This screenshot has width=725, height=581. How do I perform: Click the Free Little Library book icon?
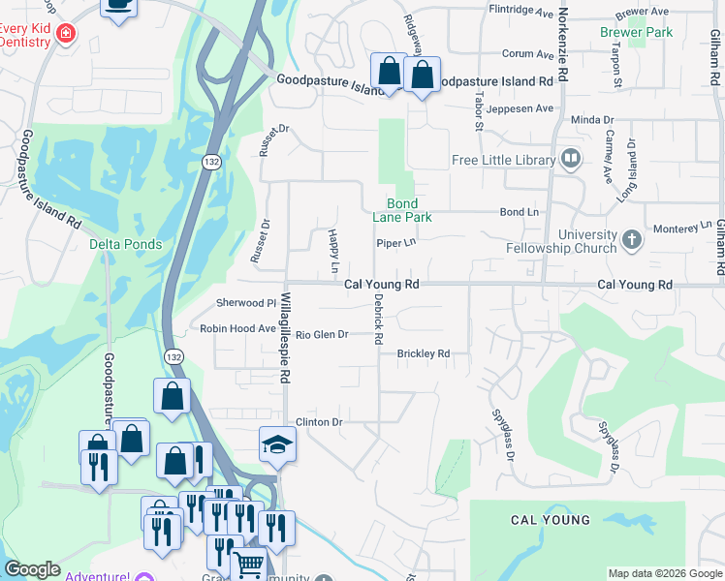[571, 159]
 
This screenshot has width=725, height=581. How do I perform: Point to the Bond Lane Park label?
[402, 210]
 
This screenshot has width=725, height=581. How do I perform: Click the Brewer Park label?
[636, 32]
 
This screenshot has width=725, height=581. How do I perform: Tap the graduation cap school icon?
[277, 444]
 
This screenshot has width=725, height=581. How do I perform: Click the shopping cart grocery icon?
[250, 563]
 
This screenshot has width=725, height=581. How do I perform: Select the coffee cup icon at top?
[118, 5]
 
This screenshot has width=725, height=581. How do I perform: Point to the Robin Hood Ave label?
[237, 328]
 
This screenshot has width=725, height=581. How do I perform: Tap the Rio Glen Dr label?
[322, 335]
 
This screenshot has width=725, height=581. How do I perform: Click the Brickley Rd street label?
[424, 353]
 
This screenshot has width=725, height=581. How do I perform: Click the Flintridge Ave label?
[520, 13]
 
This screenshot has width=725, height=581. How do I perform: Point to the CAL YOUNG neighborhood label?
[551, 520]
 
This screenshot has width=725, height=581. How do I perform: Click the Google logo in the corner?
[33, 569]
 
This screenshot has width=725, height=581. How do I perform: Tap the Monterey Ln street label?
[681, 227]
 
